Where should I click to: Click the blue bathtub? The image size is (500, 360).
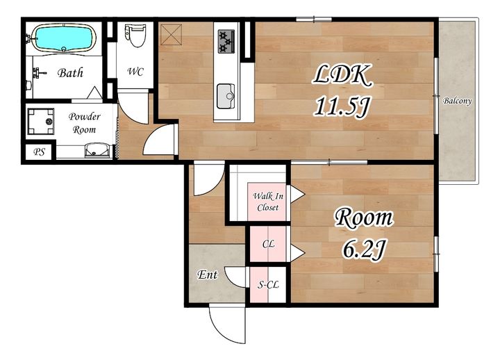(x=64, y=38)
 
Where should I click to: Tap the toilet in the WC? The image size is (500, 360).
(x=135, y=35)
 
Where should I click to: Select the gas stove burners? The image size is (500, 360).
(x=226, y=42)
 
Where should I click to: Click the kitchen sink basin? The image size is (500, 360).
(x=226, y=96)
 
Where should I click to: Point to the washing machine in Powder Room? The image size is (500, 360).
(x=41, y=122)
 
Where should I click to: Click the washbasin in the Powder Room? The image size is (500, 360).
(x=98, y=150)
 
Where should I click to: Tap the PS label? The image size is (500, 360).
(x=39, y=152)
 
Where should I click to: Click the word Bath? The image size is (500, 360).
(x=70, y=73)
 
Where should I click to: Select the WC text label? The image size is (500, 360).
(x=135, y=72)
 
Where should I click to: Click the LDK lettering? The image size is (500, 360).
(x=342, y=75)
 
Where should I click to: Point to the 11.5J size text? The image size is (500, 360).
(x=342, y=106)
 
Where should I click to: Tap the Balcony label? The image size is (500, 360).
(x=457, y=101)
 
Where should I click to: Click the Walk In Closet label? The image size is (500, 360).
(x=268, y=202)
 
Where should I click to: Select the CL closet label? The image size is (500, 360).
(x=269, y=244)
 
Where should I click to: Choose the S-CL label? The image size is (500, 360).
(x=268, y=285)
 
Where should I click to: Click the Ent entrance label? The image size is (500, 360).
(x=208, y=275)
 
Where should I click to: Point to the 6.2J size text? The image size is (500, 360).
(x=365, y=249)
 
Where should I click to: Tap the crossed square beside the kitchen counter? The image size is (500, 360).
(x=172, y=35)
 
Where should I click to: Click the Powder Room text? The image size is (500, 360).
(x=84, y=123)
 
